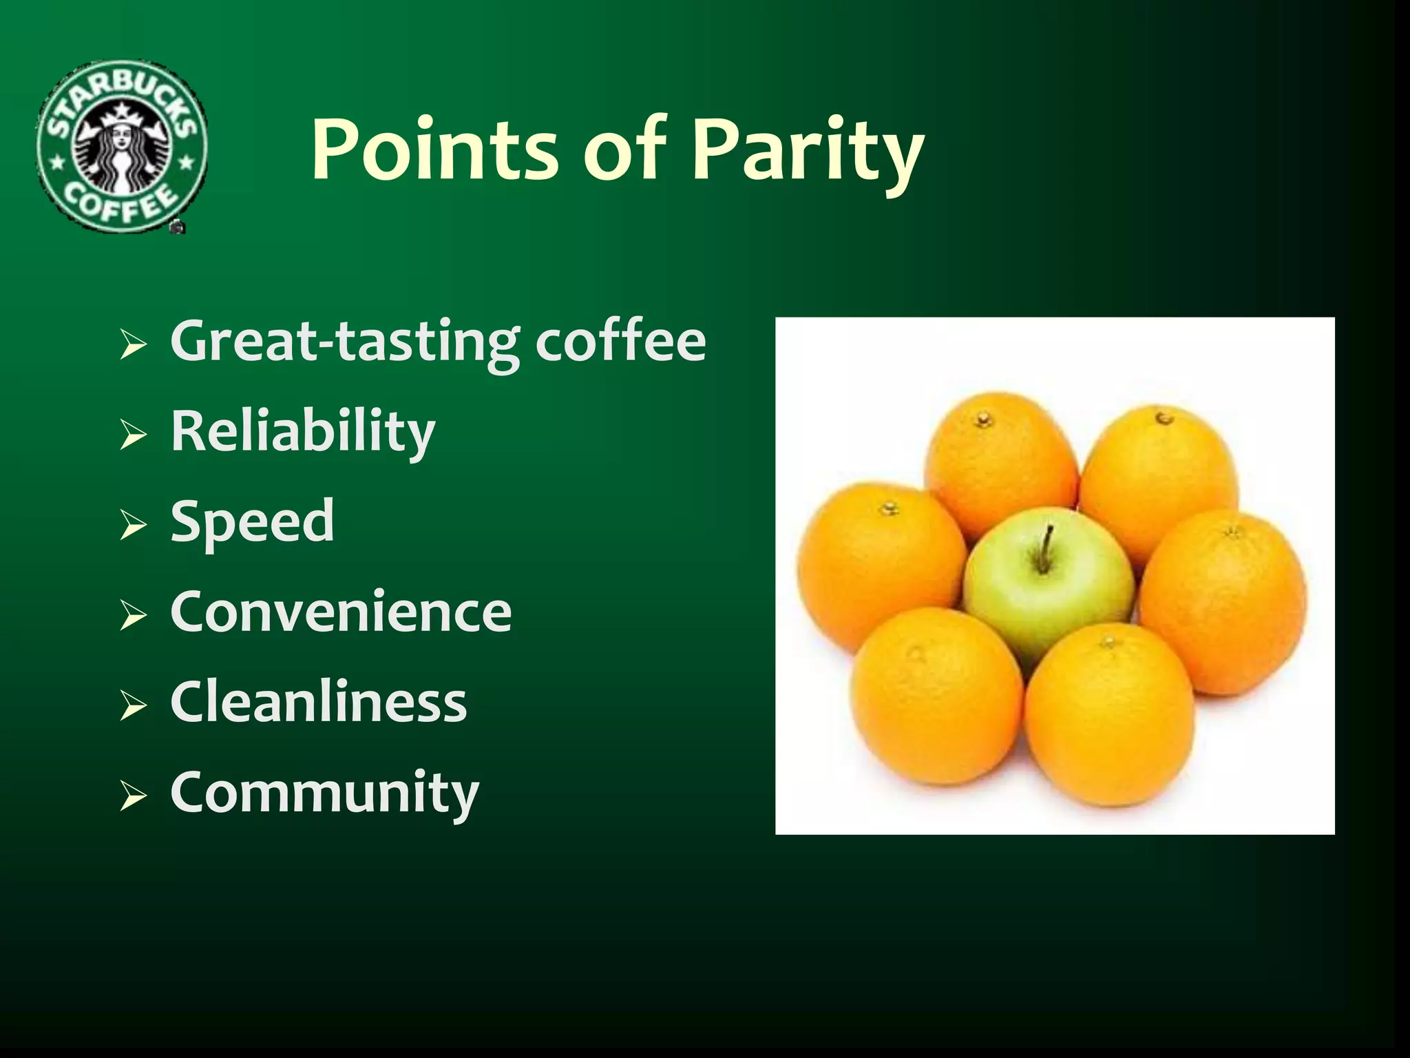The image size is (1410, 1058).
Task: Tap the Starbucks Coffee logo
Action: [x=122, y=146]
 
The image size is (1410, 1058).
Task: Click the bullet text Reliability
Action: [x=303, y=431]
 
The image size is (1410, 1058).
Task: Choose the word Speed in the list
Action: [x=252, y=521]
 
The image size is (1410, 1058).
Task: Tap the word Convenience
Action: [x=341, y=612]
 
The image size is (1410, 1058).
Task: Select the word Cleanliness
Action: [x=318, y=702]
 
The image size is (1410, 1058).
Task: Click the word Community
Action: [x=324, y=793]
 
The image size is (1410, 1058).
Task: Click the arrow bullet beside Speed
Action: [x=133, y=526]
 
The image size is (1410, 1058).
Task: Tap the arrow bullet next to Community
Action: [x=133, y=798]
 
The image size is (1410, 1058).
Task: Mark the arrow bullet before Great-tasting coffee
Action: [x=133, y=344]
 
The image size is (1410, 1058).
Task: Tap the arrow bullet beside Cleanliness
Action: [x=133, y=707]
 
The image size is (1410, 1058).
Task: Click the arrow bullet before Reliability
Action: [x=133, y=435]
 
